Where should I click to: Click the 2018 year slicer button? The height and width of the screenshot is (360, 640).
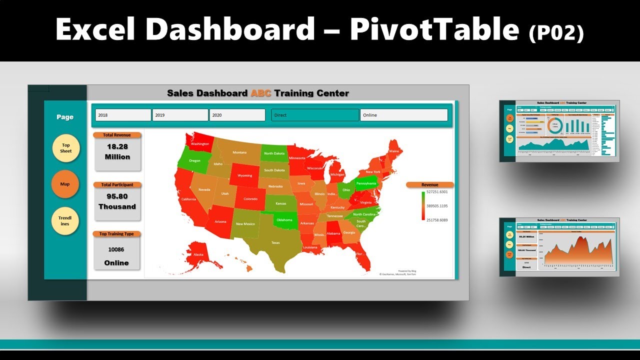pyautogui.click(x=123, y=115)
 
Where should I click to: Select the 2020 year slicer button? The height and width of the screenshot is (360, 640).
pyautogui.click(x=237, y=115)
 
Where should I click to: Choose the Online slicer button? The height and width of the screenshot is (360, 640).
pyautogui.click(x=403, y=115)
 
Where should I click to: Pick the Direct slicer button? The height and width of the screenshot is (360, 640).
pyautogui.click(x=315, y=115)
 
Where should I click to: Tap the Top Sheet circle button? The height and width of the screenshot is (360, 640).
pyautogui.click(x=66, y=148)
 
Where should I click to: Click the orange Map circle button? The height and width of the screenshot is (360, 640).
pyautogui.click(x=65, y=184)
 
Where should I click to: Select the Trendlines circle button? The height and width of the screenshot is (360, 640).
pyautogui.click(x=65, y=221)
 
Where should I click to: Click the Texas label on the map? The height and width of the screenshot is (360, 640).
pyautogui.click(x=275, y=242)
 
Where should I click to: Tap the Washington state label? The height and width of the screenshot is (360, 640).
pyautogui.click(x=200, y=144)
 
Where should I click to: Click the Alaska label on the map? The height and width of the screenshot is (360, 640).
pyautogui.click(x=198, y=254)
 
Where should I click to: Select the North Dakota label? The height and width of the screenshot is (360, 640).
pyautogui.click(x=274, y=153)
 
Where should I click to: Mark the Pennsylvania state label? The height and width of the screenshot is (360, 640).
pyautogui.click(x=366, y=183)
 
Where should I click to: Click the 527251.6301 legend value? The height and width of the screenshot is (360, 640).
pyautogui.click(x=437, y=192)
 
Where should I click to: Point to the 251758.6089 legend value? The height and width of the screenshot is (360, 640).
pyautogui.click(x=437, y=220)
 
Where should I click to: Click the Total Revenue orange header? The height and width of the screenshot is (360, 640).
pyautogui.click(x=117, y=135)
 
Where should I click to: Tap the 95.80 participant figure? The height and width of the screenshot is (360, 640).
pyautogui.click(x=117, y=196)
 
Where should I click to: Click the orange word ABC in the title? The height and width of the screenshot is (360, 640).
pyautogui.click(x=260, y=93)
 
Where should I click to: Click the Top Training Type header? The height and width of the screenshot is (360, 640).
pyautogui.click(x=117, y=234)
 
